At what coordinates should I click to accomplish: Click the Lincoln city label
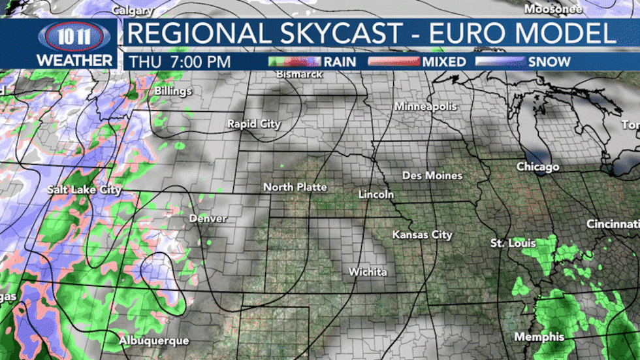tap(376, 195)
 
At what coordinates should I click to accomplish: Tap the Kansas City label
tap(422, 235)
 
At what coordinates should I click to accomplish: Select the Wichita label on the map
tap(368, 272)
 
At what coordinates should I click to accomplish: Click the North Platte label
tap(295, 187)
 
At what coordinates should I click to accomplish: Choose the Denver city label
tap(208, 218)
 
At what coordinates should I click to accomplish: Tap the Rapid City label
tap(253, 123)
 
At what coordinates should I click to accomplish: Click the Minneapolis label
tap(425, 106)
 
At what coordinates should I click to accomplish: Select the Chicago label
tap(538, 167)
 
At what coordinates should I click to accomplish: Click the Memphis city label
tap(539, 337)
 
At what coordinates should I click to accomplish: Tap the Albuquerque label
tap(153, 340)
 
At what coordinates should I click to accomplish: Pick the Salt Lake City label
tap(84, 189)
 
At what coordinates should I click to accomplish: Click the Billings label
tap(173, 91)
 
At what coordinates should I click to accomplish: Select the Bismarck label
tap(300, 74)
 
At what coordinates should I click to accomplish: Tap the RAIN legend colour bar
tap(295, 62)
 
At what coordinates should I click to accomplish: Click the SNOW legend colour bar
tap(500, 62)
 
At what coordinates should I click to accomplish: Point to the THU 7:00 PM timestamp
tap(180, 62)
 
